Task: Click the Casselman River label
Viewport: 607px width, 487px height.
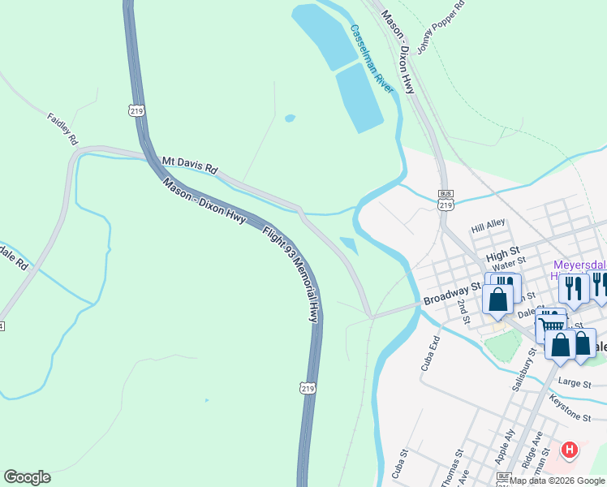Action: [x=372, y=59]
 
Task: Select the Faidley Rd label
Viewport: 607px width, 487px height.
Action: [x=62, y=128]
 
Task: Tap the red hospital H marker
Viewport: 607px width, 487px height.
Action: [x=570, y=449]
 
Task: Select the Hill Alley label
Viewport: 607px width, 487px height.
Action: [x=489, y=223]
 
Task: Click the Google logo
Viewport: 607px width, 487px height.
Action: [x=27, y=476]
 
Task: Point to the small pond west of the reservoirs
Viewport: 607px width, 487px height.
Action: [x=290, y=119]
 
